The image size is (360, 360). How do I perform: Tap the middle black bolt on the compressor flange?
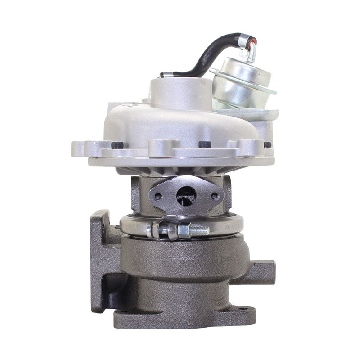(205, 145)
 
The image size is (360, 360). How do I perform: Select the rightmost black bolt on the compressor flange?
(268, 145)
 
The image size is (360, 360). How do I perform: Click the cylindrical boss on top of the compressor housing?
(180, 92)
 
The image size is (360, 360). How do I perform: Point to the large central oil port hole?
(186, 195)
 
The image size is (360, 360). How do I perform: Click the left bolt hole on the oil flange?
(157, 196)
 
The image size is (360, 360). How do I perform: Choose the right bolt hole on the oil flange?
(215, 196)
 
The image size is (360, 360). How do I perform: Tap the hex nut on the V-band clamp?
(184, 231)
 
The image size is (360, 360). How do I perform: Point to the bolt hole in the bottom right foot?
(243, 310)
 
